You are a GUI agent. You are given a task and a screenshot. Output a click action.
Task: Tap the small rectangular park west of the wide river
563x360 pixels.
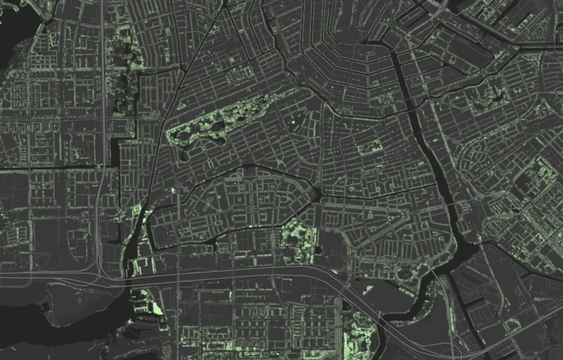[370, 146]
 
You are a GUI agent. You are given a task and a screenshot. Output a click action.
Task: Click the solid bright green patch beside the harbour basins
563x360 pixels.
[157, 307]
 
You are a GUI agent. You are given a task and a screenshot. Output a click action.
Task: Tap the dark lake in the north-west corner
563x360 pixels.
[15, 36]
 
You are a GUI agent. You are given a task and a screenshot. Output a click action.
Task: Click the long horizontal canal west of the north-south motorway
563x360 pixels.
[49, 167]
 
